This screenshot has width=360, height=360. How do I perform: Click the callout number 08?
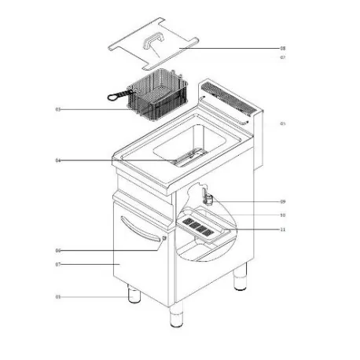(282, 48)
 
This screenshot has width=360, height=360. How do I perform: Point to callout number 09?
(282, 202)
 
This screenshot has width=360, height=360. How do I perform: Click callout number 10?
(282, 215)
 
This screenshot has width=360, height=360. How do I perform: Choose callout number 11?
(282, 229)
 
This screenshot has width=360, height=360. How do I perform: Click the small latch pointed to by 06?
(163, 239)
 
